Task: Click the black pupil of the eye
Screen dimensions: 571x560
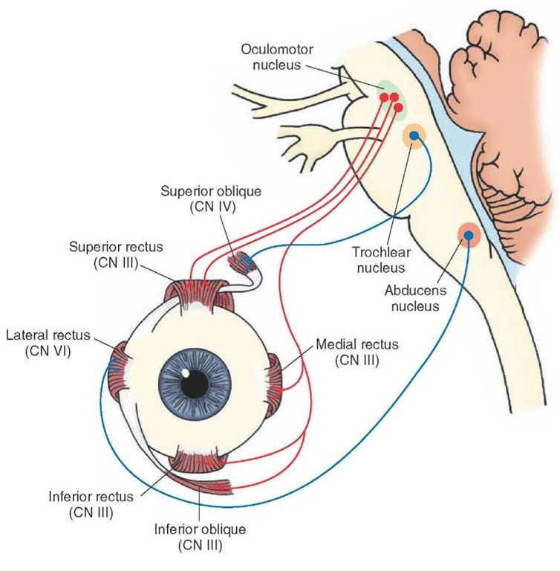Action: pyautogui.click(x=197, y=383)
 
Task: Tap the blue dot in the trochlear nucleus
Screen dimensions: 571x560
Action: pyautogui.click(x=413, y=136)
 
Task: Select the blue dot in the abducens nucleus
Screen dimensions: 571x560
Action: pyautogui.click(x=469, y=236)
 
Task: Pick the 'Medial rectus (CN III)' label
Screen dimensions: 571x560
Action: pyautogui.click(x=357, y=352)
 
